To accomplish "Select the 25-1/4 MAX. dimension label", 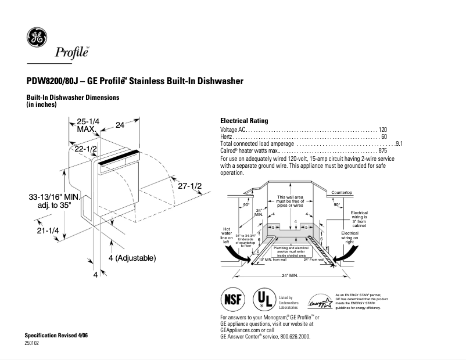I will click(88, 124).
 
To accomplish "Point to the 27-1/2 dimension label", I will click(189, 186).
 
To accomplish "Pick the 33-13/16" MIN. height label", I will click(53, 197).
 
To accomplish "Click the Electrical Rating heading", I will click(244, 121).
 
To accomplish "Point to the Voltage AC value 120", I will click(382, 129).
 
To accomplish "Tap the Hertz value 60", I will click(383, 136).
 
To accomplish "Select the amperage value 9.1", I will click(399, 143).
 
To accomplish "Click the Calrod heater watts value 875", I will click(382, 150).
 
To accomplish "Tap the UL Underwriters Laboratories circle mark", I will click(265, 299).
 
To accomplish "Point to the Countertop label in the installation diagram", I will click(342, 192).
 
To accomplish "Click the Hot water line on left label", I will click(227, 235).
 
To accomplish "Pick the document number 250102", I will click(32, 343).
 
